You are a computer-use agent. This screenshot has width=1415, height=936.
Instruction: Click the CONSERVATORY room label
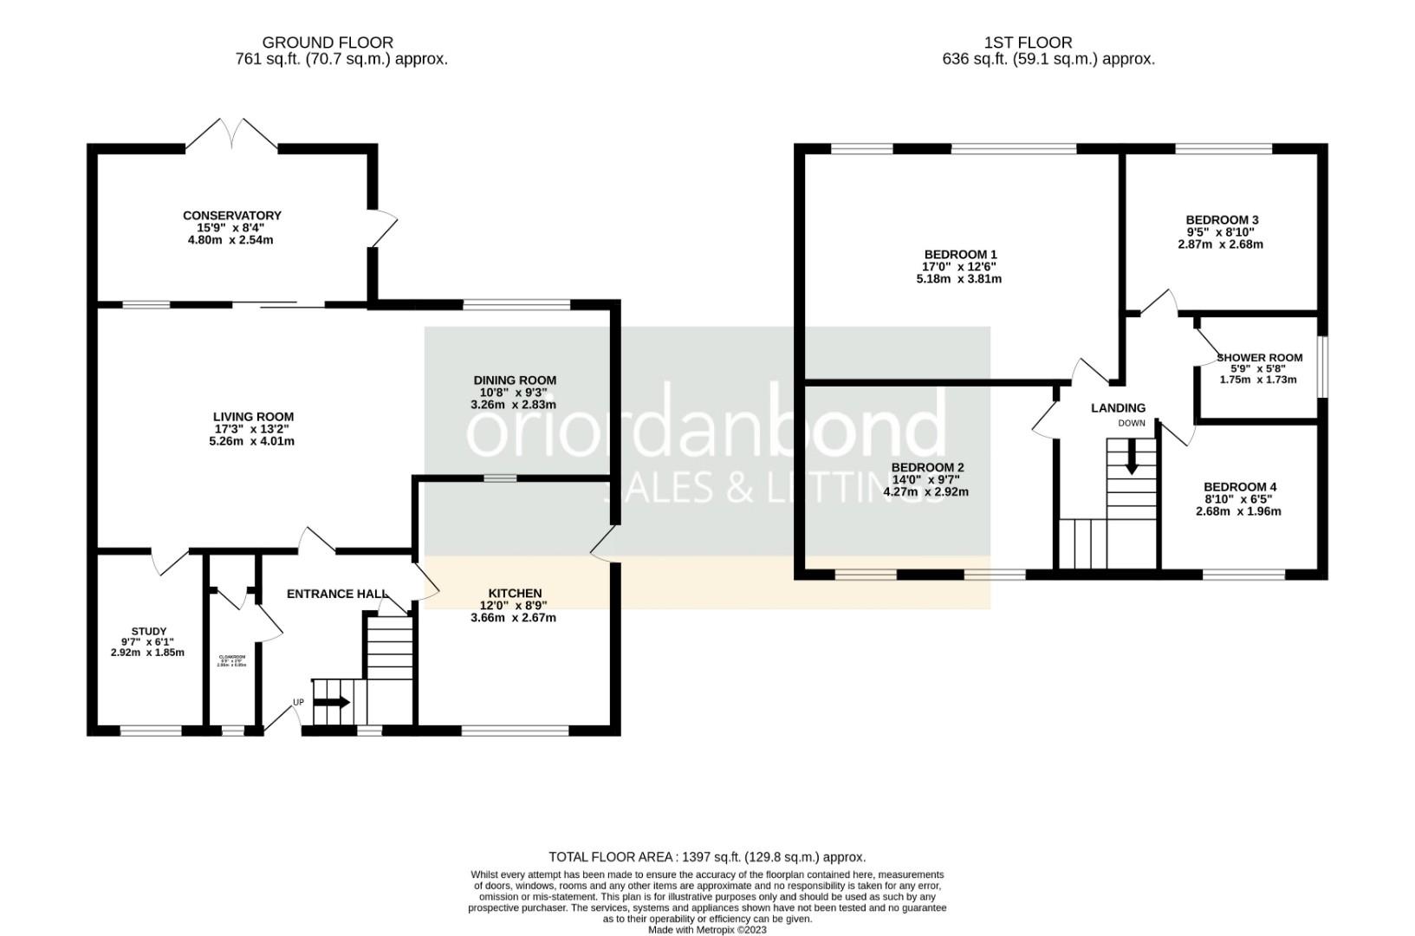(231, 216)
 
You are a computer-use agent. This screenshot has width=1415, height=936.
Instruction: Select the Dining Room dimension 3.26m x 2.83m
(513, 405)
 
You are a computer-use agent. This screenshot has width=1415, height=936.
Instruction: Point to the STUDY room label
(148, 631)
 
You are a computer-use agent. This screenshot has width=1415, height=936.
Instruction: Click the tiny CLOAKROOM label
(231, 657)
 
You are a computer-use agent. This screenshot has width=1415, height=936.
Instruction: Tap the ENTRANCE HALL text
(337, 594)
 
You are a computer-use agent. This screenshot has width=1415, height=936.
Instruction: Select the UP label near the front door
(298, 702)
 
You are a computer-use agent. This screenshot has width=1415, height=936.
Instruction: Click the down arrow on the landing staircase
(1131, 458)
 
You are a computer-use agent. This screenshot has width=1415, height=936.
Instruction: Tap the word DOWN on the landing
(1131, 424)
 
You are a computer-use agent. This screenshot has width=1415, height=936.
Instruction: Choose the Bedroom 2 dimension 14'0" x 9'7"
(927, 479)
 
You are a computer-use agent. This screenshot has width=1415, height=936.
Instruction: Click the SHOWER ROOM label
(1259, 357)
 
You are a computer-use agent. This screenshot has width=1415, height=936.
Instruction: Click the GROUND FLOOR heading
(328, 42)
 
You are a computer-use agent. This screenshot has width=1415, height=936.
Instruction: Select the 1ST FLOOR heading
(1028, 42)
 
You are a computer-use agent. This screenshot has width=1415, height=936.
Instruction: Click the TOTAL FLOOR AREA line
(706, 856)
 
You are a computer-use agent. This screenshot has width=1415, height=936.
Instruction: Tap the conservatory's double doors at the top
(231, 134)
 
